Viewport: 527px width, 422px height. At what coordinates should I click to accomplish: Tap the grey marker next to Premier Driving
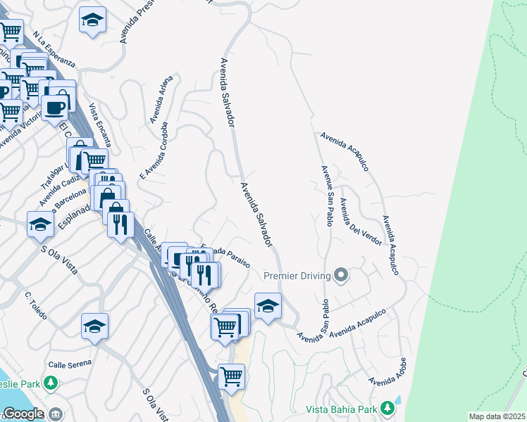coord(342,274)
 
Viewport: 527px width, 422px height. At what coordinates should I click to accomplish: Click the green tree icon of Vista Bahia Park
coord(387,408)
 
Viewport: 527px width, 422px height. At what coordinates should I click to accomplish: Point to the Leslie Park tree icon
coord(50,383)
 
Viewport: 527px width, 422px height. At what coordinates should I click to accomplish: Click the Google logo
coord(23,414)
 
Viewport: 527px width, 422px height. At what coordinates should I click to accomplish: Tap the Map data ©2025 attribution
coord(497,416)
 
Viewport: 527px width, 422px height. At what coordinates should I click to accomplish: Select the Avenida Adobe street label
coord(388,371)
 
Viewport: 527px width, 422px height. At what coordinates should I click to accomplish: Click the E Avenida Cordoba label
coord(154,151)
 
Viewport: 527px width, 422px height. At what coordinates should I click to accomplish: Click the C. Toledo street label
coord(35,307)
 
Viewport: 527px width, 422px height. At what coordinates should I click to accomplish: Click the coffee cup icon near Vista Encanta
coord(54,108)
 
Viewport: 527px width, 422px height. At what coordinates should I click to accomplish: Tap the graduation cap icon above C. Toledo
coord(94,326)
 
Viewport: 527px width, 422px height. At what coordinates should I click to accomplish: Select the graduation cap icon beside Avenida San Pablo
coord(268,305)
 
